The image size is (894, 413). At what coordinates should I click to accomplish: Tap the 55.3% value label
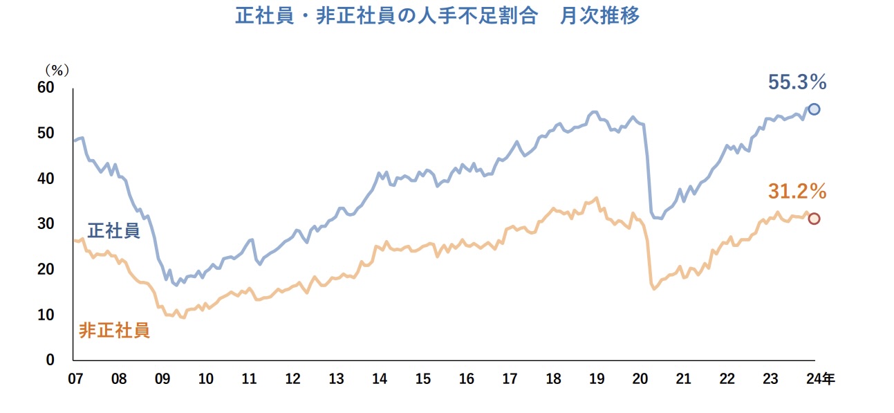click(x=797, y=83)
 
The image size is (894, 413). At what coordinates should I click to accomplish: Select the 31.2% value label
click(x=797, y=192)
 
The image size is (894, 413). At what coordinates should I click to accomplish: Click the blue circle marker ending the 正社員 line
click(x=814, y=109)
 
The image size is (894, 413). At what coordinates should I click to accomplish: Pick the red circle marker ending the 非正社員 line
click(x=814, y=219)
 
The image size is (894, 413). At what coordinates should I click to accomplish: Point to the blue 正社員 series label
click(x=114, y=230)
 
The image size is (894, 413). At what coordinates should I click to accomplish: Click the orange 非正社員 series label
click(x=114, y=330)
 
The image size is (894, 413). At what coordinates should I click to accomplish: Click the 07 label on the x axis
click(x=75, y=379)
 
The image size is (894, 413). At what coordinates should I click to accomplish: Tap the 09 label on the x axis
click(x=162, y=379)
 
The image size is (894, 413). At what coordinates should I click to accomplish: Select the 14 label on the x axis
click(x=380, y=379)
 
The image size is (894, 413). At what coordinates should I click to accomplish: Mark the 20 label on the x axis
click(x=640, y=379)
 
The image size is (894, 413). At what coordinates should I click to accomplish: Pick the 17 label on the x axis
click(x=510, y=379)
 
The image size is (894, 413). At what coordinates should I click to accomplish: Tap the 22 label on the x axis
click(x=727, y=379)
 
